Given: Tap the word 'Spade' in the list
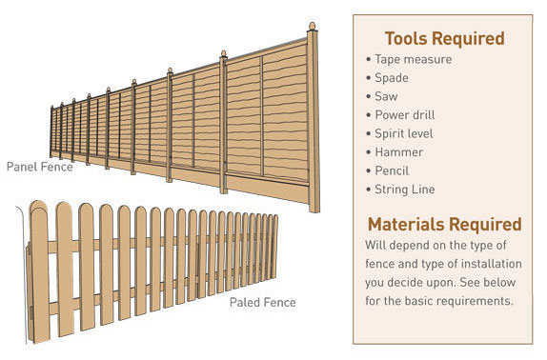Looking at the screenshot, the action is [392, 78].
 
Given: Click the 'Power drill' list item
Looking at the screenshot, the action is [405, 115].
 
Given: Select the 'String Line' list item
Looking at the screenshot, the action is [404, 189].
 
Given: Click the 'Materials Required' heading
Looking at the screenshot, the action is [444, 225].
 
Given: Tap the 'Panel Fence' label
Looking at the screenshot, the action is [39, 167].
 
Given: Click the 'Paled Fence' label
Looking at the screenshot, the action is [262, 303].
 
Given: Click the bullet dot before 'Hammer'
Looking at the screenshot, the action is [368, 152].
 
